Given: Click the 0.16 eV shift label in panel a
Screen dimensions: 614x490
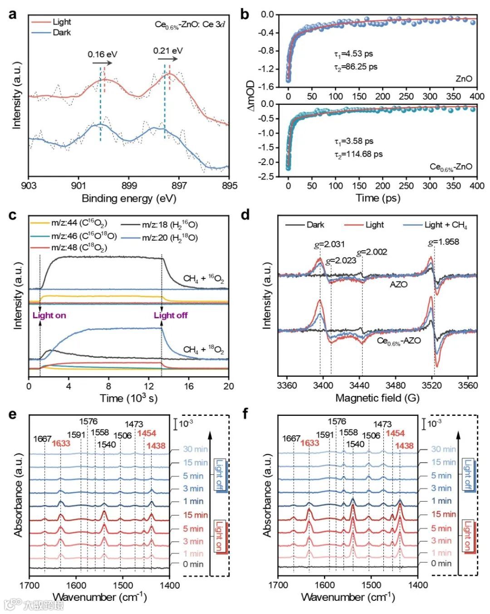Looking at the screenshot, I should (x=102, y=54).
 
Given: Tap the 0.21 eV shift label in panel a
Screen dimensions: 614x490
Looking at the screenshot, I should (x=168, y=50).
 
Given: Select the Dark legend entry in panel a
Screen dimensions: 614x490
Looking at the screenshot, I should (x=61, y=33).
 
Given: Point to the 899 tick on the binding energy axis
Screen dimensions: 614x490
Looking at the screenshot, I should (x=129, y=185).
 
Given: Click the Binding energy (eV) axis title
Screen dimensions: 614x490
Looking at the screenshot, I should (x=129, y=198).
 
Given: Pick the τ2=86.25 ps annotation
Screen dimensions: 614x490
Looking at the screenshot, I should (x=356, y=67).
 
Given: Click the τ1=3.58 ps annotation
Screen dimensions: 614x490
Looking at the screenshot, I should (x=354, y=141).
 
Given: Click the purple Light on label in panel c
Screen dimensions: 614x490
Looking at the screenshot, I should (x=49, y=315).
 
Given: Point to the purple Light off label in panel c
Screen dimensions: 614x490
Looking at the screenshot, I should (x=171, y=315).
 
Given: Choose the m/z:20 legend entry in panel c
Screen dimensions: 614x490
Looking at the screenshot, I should (x=170, y=238).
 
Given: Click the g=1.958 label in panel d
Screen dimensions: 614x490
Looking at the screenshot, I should (x=443, y=242).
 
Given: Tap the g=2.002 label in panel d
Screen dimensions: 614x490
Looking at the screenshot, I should (x=372, y=252).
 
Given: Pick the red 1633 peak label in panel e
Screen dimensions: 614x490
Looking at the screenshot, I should (x=61, y=443).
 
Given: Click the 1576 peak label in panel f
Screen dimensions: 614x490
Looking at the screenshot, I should (x=337, y=422).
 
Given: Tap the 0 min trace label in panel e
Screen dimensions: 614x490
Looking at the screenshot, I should (x=193, y=564).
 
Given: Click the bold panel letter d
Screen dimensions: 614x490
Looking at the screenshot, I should (x=245, y=214).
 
